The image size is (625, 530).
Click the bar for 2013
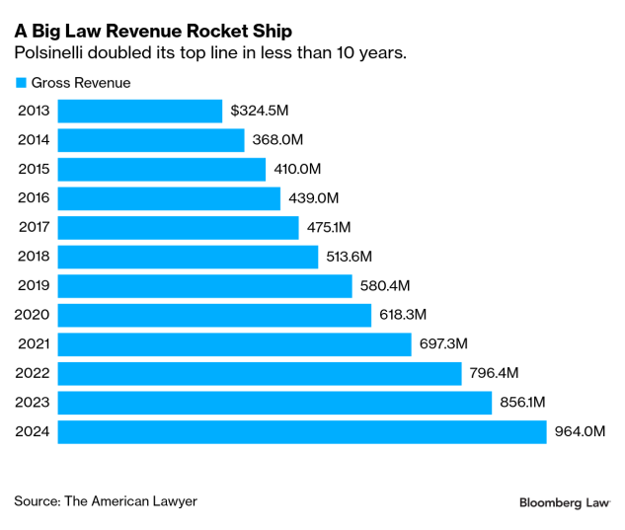point(140,112)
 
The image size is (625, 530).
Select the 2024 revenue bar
point(302,432)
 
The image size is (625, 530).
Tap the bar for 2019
point(205,286)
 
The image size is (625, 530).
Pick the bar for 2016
point(170,198)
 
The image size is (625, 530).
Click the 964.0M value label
point(580,432)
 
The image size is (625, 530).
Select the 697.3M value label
point(443,344)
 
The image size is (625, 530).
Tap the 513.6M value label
point(350,257)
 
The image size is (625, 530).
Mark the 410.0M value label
point(297,170)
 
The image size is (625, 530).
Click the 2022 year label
point(35,373)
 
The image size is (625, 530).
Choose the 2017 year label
point(35,228)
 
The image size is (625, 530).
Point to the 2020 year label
point(35,315)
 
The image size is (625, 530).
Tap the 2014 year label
point(35,140)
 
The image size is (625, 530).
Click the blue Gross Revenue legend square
point(20,83)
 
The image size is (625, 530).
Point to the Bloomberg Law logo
point(565,502)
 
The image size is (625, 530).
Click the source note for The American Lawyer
point(106,501)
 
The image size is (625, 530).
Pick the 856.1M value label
point(523,403)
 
